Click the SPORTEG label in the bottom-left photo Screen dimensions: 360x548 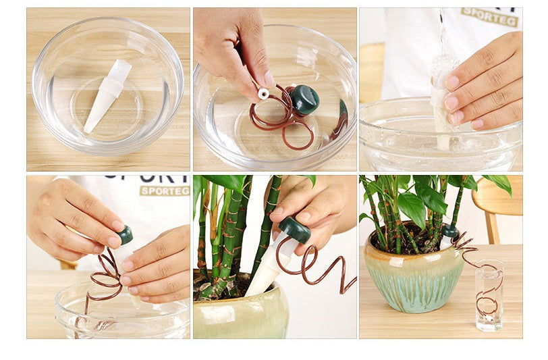click(165, 190)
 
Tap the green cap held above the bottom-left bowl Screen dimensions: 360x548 click(124, 235)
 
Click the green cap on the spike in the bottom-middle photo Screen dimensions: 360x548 click(295, 230)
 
